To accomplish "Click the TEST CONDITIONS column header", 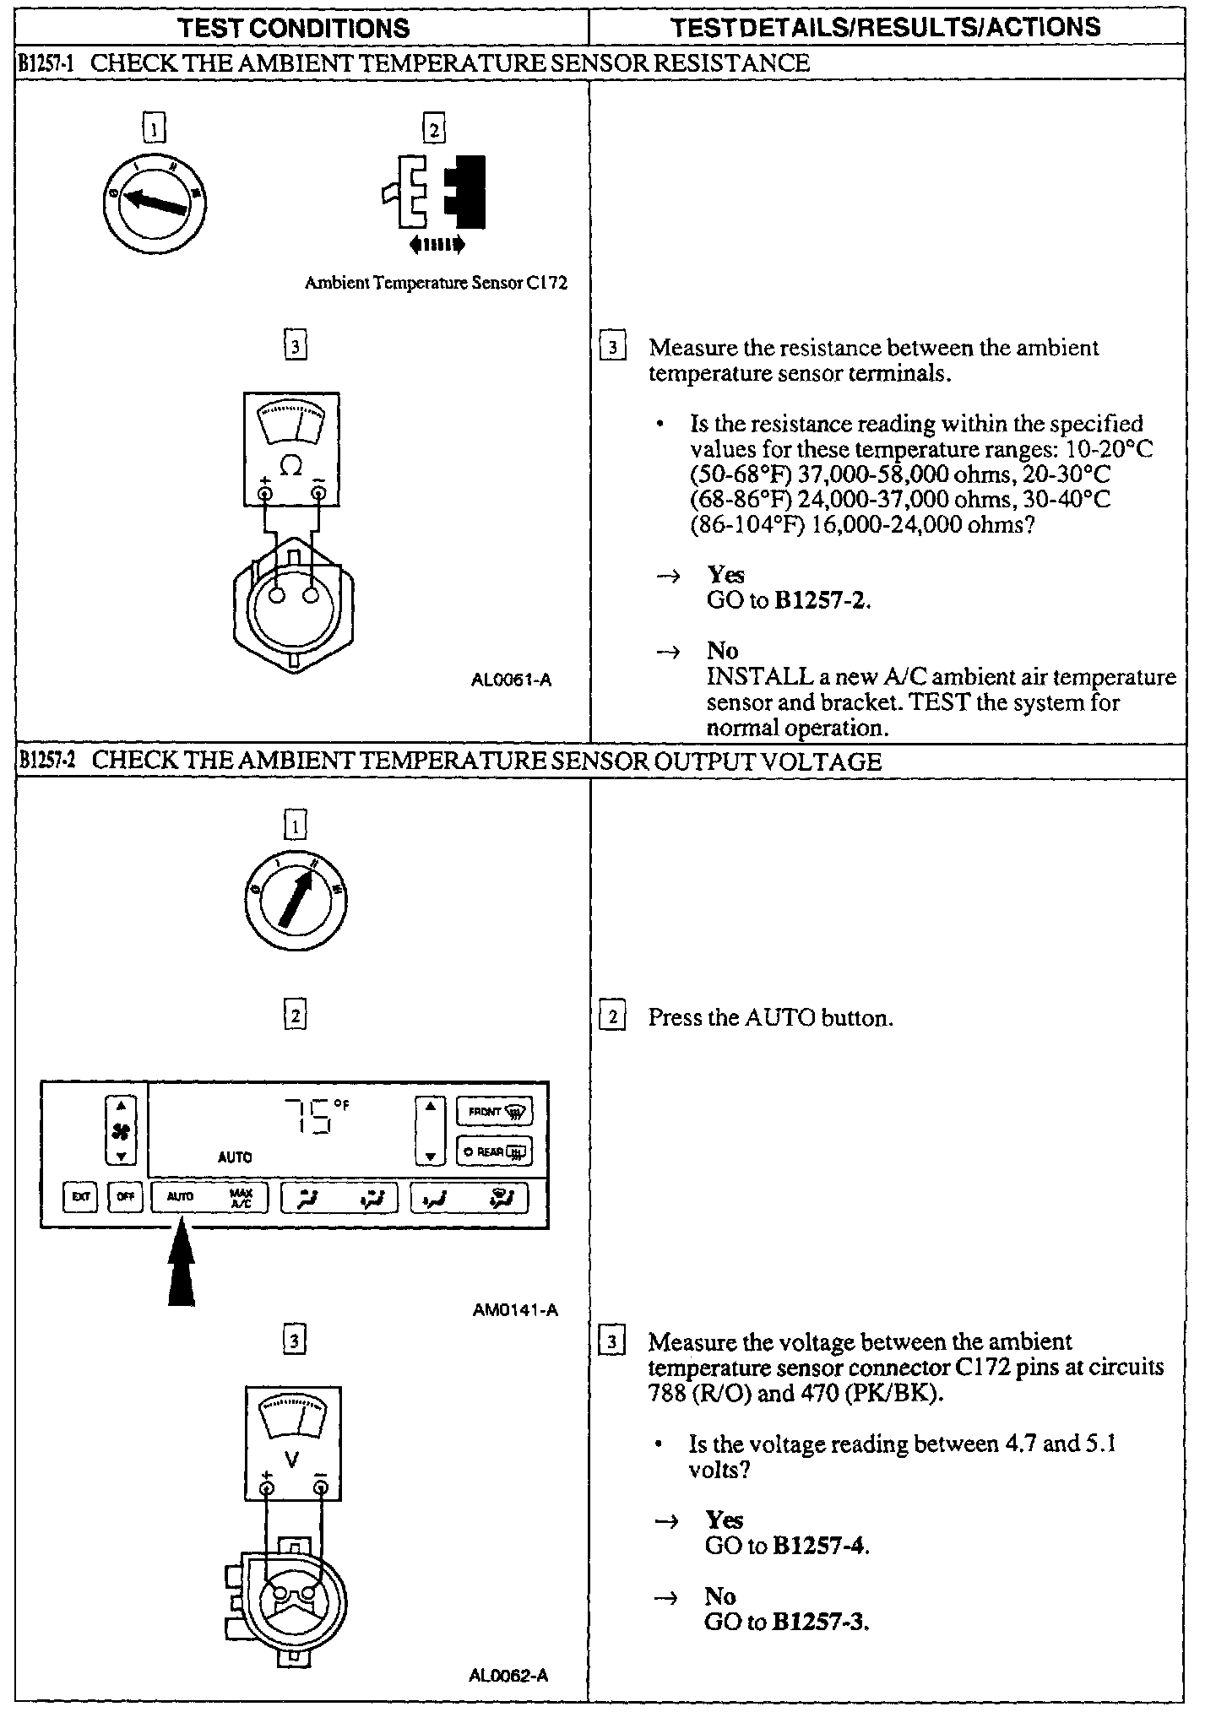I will click(294, 27).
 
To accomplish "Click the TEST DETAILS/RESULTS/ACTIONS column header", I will click(886, 27).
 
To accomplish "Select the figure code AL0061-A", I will click(511, 680).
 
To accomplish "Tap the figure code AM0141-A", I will click(515, 1310).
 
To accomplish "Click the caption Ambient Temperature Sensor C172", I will click(436, 284).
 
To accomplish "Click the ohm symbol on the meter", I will click(290, 465).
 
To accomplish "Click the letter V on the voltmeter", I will click(292, 1459).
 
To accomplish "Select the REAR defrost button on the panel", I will click(494, 1151).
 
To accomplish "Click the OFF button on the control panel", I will click(125, 1197).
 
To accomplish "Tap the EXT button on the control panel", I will click(80, 1197).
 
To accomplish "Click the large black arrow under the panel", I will click(181, 1270).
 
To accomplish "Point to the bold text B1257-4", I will click(820, 1546).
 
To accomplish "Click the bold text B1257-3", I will click(820, 1622).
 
